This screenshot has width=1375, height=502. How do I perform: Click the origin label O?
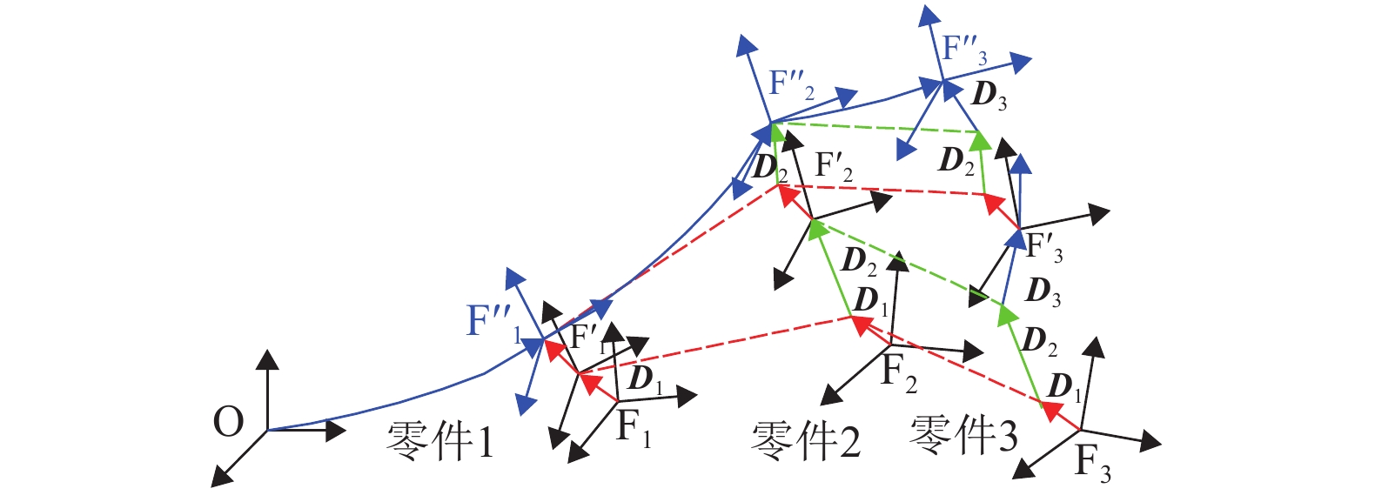point(228,423)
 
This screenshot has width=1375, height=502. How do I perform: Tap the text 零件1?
point(440,441)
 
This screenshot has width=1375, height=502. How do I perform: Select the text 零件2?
point(806,440)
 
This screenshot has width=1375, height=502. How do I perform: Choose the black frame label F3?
point(1093,461)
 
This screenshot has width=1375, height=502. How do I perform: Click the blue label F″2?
point(792,84)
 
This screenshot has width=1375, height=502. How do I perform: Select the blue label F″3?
point(964,50)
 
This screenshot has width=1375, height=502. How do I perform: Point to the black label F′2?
point(834,166)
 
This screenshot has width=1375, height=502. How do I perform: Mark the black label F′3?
point(1043,247)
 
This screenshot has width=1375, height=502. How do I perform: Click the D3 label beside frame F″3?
point(989,95)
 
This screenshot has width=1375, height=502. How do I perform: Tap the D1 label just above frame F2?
point(871,301)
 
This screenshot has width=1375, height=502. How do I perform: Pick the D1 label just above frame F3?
point(1064,386)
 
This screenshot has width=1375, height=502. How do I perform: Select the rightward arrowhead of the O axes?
point(338,430)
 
